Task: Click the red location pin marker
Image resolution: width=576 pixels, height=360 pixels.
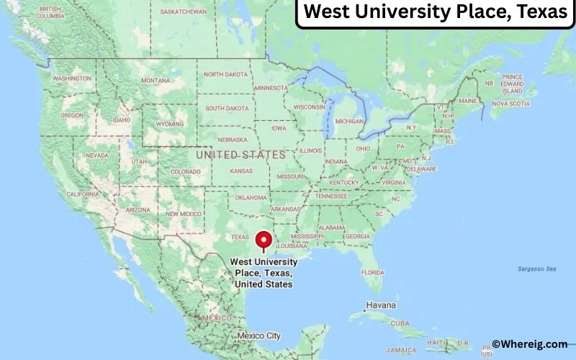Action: (265, 240)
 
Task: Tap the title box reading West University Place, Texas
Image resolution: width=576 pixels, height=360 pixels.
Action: (435, 14)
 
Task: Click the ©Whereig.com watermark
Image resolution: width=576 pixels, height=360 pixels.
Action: (529, 344)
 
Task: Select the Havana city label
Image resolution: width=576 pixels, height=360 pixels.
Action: (381, 305)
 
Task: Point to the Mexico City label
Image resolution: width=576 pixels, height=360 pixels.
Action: (258, 336)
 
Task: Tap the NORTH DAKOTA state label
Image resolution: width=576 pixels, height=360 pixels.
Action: (226, 74)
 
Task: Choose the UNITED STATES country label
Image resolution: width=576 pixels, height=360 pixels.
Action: (240, 155)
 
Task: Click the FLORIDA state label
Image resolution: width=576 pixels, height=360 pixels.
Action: (372, 272)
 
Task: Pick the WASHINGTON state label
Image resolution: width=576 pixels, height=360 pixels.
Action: (72, 78)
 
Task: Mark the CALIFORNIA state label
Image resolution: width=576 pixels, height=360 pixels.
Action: (82, 194)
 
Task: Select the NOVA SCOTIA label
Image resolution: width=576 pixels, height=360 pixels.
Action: (510, 103)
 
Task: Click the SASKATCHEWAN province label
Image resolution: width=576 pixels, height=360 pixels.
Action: (184, 12)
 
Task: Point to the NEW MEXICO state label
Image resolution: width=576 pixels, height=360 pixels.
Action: (184, 214)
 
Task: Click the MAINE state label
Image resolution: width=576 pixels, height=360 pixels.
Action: (468, 101)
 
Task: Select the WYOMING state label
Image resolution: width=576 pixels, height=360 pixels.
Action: (170, 124)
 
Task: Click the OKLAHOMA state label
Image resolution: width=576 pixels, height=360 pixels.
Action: (251, 197)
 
